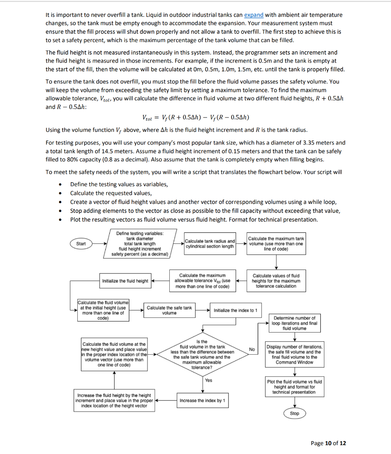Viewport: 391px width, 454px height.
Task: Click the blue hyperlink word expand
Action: click(254, 15)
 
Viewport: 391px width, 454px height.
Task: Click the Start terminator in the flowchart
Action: click(81, 243)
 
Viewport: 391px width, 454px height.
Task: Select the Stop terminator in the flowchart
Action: click(295, 414)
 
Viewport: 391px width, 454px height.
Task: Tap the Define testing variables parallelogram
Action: click(140, 243)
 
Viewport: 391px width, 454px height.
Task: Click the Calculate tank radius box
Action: click(210, 243)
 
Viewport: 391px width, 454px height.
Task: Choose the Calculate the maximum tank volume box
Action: click(276, 243)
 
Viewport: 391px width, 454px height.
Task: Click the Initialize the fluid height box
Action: click(125, 281)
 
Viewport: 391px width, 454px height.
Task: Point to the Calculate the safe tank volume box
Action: click(169, 310)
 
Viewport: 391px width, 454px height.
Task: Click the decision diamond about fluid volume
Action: click(203, 354)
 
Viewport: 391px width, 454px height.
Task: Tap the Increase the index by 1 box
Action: click(203, 401)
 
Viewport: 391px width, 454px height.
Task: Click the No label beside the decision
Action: click(251, 350)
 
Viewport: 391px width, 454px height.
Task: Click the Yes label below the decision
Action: click(209, 380)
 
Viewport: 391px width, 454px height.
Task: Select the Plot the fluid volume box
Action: click(295, 387)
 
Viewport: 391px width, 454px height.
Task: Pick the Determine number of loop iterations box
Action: click(295, 323)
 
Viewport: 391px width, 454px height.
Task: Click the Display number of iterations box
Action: click(295, 354)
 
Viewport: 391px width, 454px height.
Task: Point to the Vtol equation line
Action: click(195, 117)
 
